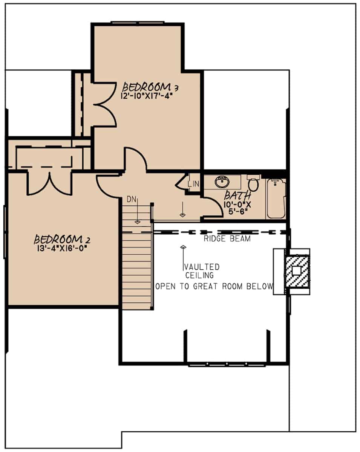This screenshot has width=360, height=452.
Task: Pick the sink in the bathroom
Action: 222,182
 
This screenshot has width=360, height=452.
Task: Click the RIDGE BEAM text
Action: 227,239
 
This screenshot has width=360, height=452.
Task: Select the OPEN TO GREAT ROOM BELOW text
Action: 214,286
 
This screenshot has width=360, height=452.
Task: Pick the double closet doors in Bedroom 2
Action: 49,183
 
